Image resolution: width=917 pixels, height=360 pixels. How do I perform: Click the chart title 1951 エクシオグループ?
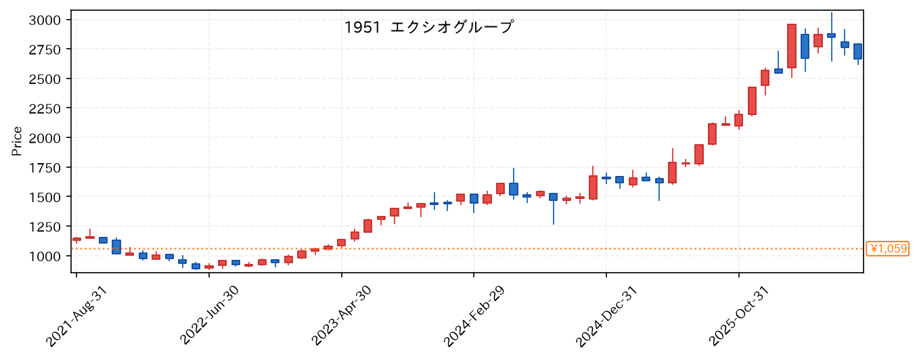(x=428, y=28)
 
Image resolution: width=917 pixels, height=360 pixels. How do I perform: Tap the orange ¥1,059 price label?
(x=887, y=248)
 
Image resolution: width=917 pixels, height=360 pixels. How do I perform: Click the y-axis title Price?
(x=17, y=141)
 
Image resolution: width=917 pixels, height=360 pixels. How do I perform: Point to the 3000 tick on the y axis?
(x=45, y=20)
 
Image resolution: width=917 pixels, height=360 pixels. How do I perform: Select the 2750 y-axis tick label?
(x=45, y=49)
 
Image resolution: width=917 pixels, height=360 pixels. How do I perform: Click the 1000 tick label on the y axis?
(x=45, y=256)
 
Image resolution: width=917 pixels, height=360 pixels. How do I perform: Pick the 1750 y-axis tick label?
(x=45, y=168)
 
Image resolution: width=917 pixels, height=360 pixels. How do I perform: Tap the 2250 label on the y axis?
(x=45, y=108)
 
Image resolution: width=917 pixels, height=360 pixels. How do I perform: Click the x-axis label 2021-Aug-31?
(x=76, y=316)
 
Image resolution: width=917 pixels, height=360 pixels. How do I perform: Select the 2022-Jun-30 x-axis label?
(x=209, y=315)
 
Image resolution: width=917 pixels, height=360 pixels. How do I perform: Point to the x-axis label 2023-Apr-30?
(x=341, y=315)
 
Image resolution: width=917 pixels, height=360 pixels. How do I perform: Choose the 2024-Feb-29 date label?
(x=474, y=316)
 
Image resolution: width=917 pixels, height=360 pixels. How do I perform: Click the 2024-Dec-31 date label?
(x=606, y=316)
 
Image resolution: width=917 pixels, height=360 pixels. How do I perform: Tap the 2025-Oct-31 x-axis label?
(x=739, y=316)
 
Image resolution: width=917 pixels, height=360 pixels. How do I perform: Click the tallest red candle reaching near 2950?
(x=792, y=46)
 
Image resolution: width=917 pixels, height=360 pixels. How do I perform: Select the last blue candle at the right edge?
(x=857, y=51)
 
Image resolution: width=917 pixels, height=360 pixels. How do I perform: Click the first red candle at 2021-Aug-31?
(x=76, y=239)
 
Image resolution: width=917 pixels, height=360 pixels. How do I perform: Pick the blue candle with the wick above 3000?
(x=832, y=35)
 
